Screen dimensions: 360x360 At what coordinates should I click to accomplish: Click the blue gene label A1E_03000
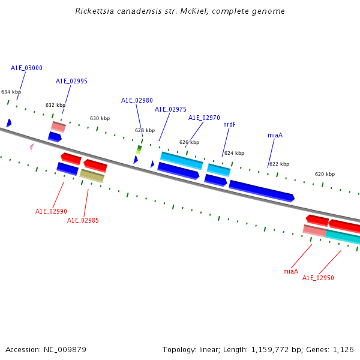click(x=26, y=68)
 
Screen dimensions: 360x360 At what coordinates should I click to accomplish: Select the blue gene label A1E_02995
click(x=71, y=81)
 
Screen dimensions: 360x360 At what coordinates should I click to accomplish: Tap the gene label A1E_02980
click(x=137, y=100)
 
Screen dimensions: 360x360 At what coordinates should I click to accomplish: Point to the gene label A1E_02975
click(x=170, y=109)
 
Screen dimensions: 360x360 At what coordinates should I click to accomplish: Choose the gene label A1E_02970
click(x=204, y=118)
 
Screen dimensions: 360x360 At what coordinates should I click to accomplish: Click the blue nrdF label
click(x=229, y=124)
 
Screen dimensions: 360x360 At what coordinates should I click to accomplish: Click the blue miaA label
click(x=275, y=135)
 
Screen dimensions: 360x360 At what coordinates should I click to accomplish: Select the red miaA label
click(x=290, y=271)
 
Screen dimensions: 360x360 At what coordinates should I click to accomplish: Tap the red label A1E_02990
click(x=51, y=211)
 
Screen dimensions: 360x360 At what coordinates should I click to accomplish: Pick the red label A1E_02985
click(x=83, y=220)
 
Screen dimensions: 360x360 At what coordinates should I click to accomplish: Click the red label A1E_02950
click(x=318, y=278)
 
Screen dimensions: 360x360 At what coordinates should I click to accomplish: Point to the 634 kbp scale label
click(x=11, y=92)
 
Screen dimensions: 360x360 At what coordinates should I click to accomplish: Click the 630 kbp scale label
click(x=100, y=118)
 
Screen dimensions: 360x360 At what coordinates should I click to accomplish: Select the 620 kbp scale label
click(x=325, y=174)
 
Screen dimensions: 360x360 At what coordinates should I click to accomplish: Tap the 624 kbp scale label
click(x=234, y=153)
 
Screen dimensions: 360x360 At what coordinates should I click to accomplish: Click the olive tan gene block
click(x=92, y=176)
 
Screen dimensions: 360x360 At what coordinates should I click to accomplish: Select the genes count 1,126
click(x=344, y=349)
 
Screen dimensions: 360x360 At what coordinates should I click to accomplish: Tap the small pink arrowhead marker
click(x=32, y=146)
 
